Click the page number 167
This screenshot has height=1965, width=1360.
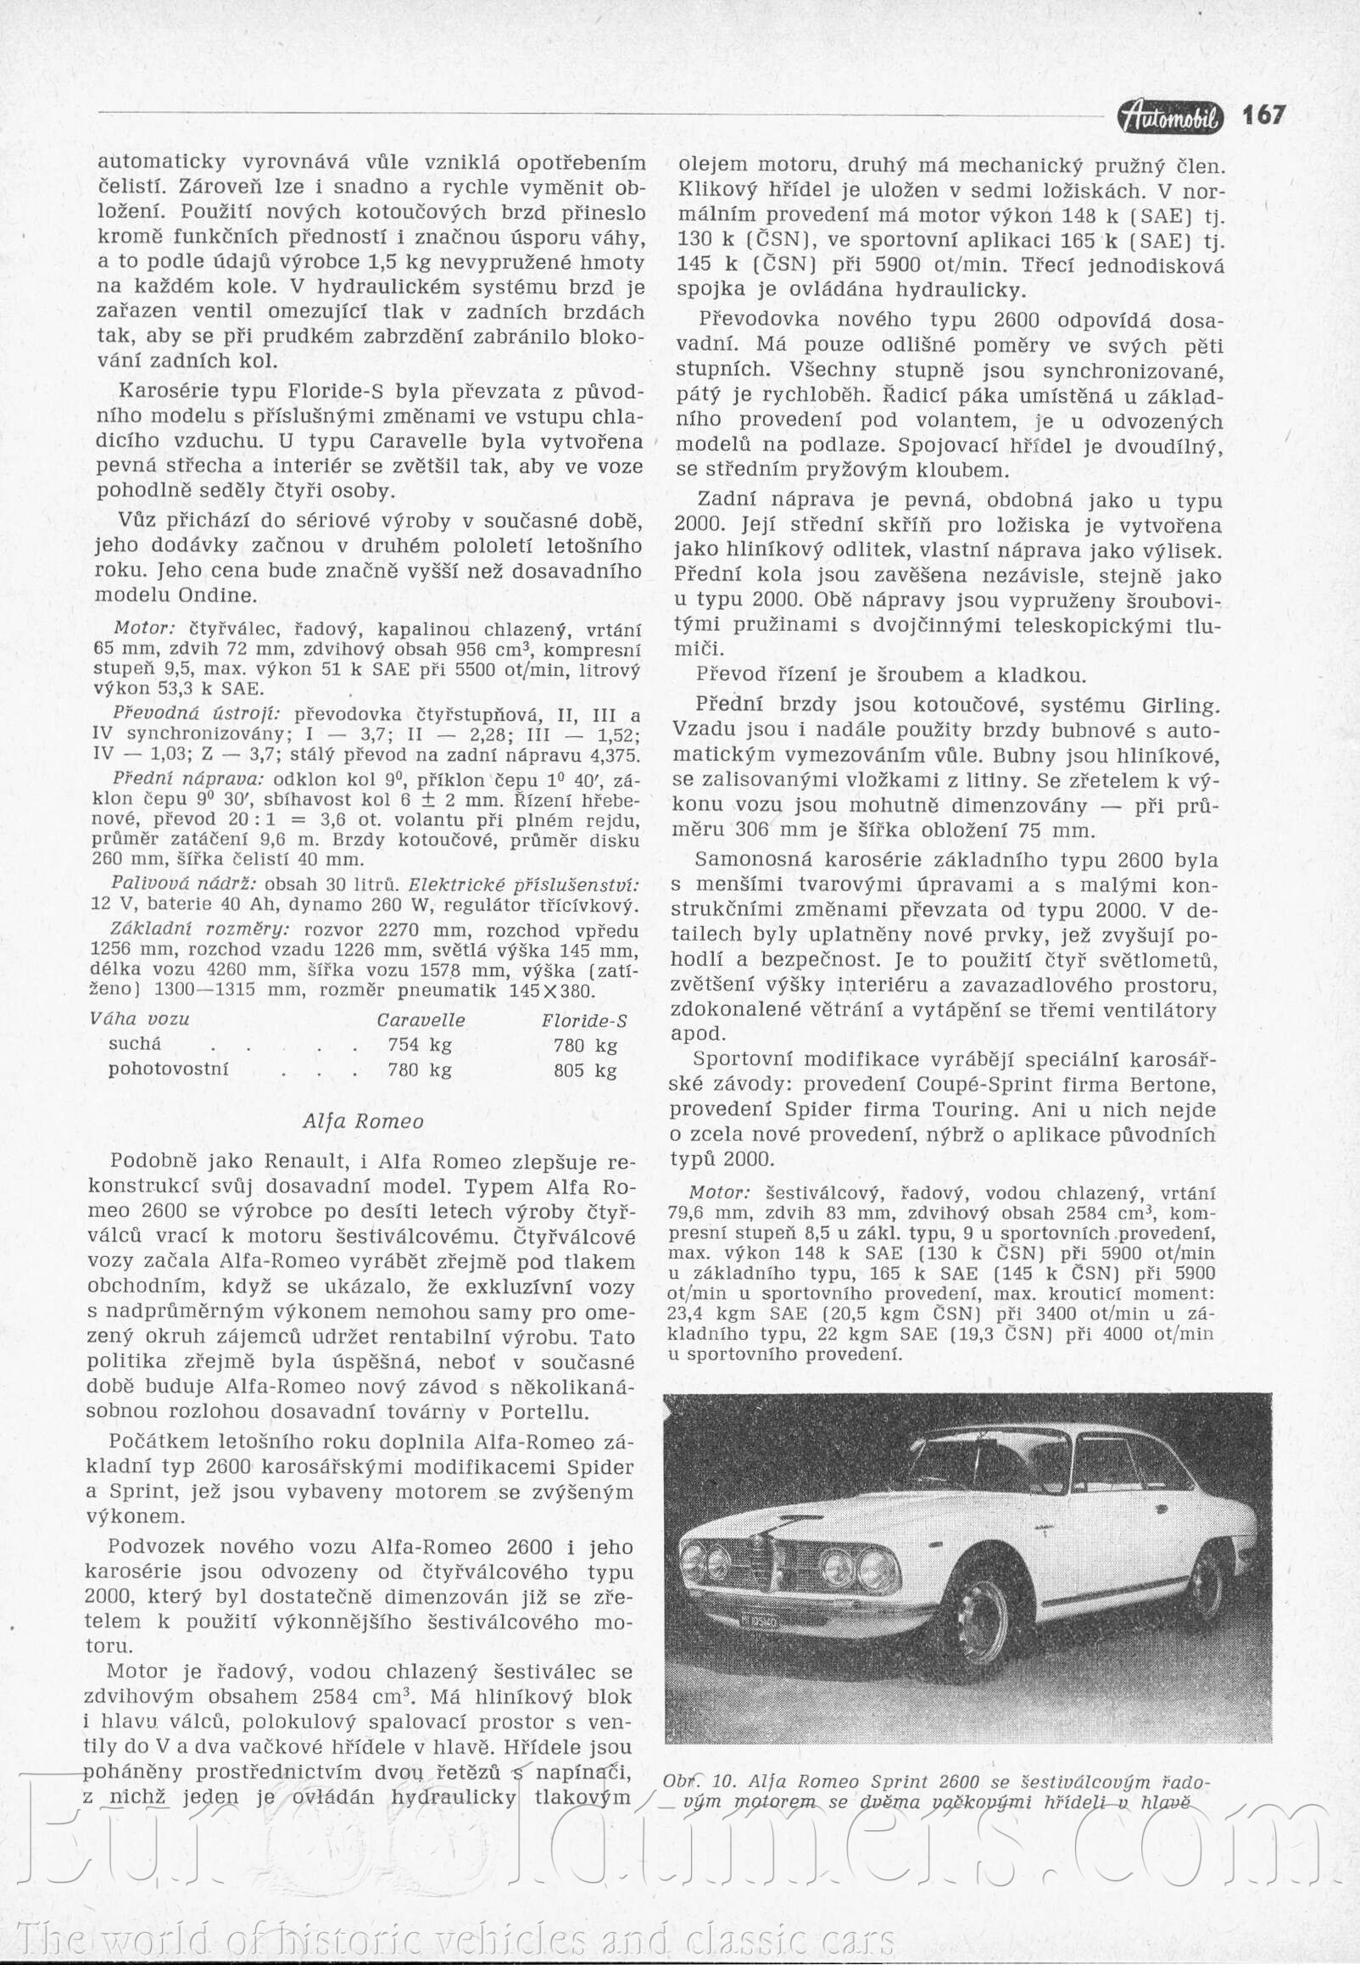(x=1262, y=115)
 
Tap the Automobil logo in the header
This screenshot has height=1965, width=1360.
(x=1171, y=119)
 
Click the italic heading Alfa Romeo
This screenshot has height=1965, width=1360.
(x=363, y=1121)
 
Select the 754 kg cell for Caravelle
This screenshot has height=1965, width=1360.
(x=419, y=1045)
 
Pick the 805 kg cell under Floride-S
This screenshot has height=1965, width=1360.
(x=584, y=1070)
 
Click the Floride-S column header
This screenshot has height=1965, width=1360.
(x=583, y=1021)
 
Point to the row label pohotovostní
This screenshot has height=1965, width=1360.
(x=168, y=1069)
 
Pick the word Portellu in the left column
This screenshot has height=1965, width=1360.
(x=544, y=1412)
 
